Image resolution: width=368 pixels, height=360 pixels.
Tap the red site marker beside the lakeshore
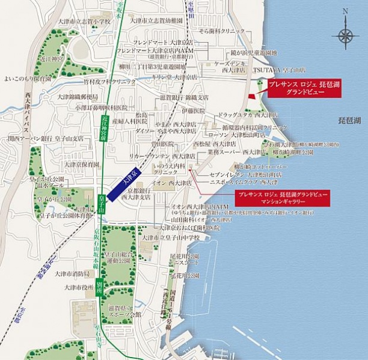pyautogui.click(x=252, y=96)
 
